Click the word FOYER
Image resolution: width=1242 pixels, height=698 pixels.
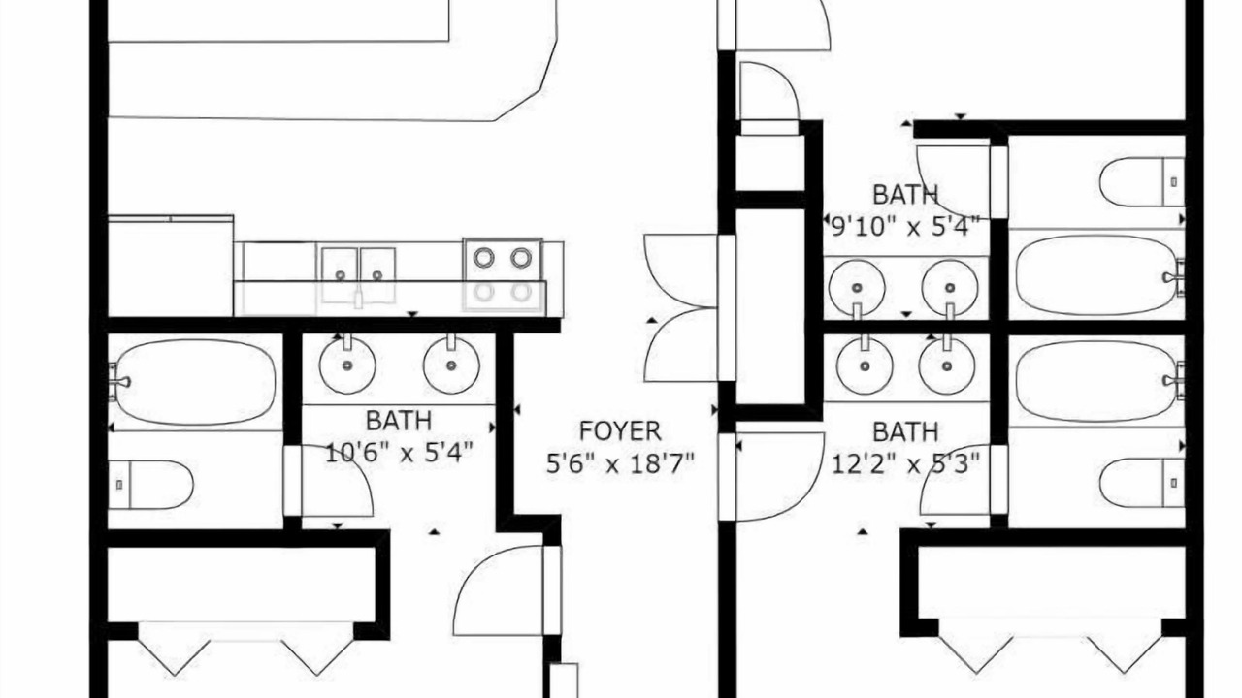(620, 431)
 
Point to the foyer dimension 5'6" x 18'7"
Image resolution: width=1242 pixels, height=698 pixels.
(620, 463)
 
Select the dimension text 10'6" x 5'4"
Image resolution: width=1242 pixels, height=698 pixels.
(399, 453)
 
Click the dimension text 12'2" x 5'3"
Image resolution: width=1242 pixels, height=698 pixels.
(905, 463)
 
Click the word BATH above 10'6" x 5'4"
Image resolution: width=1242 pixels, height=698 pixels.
(399, 421)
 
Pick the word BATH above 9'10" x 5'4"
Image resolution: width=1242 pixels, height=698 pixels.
(905, 195)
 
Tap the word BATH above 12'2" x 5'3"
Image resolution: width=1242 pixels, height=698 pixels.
(905, 431)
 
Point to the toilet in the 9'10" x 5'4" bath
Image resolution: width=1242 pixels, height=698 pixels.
(1142, 181)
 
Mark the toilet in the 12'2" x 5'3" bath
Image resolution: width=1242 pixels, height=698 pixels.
(1142, 483)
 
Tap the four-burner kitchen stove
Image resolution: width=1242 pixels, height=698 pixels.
(503, 274)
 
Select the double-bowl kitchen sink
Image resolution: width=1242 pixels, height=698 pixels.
(359, 275)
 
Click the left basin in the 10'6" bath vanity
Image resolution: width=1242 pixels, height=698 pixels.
(347, 365)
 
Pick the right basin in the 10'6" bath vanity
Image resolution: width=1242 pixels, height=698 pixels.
(451, 365)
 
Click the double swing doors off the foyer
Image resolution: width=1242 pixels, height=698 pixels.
(682, 308)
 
